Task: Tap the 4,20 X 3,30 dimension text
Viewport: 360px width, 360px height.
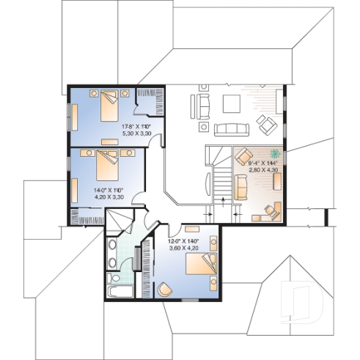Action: [x=108, y=196]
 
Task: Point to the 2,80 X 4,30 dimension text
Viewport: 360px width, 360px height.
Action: [x=263, y=169]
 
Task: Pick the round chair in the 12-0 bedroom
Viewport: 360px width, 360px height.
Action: [x=166, y=289]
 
